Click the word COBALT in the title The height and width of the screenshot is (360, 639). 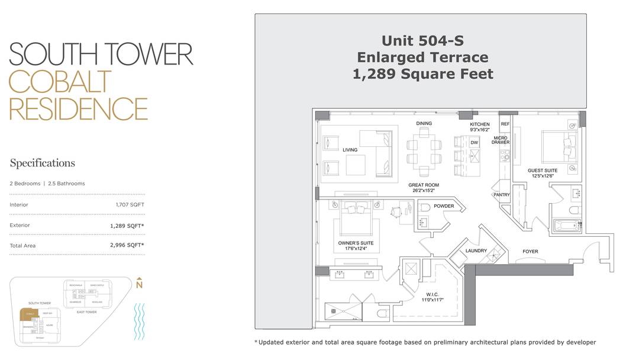(60, 82)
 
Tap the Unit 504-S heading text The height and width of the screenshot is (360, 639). (422, 40)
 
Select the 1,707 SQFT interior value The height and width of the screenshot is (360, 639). (130, 204)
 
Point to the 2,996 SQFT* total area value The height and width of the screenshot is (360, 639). (127, 245)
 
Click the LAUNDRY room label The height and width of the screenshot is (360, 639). (476, 250)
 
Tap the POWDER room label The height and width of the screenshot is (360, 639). (444, 206)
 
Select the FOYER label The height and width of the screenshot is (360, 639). (530, 252)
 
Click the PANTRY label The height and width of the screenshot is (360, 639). (501, 195)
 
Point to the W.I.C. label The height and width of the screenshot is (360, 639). (433, 294)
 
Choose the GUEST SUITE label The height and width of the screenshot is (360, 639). (543, 171)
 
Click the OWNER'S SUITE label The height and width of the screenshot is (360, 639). (356, 243)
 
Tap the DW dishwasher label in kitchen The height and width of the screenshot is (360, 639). (474, 143)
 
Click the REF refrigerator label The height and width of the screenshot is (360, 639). (505, 124)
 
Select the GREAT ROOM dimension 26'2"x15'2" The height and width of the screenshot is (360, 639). (424, 191)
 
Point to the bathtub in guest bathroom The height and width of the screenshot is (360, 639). (567, 226)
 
